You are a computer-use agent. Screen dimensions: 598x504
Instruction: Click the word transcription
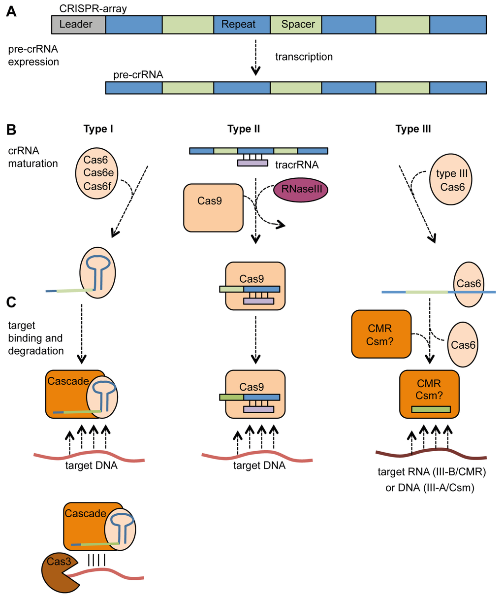pyautogui.click(x=304, y=57)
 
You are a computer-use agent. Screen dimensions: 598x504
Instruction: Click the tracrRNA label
pyautogui.click(x=297, y=165)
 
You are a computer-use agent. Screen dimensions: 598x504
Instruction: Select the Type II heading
pyautogui.click(x=244, y=129)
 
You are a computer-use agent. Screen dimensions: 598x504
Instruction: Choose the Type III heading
pyautogui.click(x=413, y=129)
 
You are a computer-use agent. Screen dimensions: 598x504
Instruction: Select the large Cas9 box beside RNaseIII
pyautogui.click(x=213, y=207)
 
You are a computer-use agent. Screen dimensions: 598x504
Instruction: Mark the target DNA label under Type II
pyautogui.click(x=259, y=465)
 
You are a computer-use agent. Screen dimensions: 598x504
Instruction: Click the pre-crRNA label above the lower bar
pyautogui.click(x=138, y=74)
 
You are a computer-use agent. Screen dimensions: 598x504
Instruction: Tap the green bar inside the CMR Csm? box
pyautogui.click(x=431, y=409)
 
